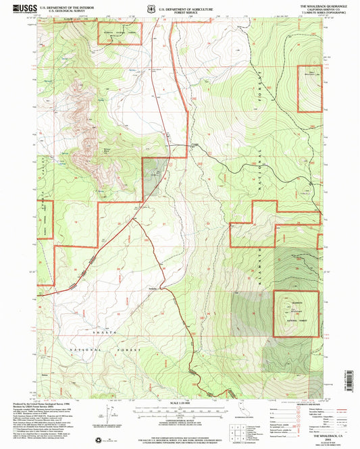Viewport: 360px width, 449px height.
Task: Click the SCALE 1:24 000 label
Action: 180,404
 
